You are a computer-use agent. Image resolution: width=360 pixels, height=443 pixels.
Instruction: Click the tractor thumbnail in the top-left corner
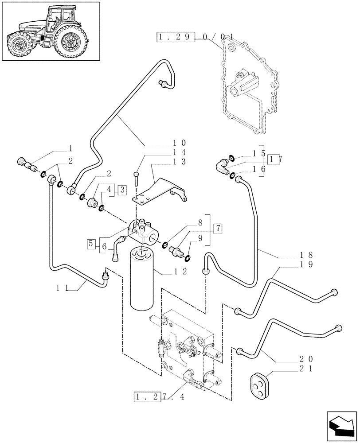[51, 31]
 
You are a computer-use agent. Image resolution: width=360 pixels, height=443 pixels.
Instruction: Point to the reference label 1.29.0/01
[195, 37]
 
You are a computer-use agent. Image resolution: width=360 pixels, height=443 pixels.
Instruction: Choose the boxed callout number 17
[275, 159]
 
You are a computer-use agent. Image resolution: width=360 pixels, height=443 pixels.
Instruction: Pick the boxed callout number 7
[217, 229]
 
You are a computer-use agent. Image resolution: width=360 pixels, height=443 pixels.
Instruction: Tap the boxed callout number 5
[91, 243]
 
